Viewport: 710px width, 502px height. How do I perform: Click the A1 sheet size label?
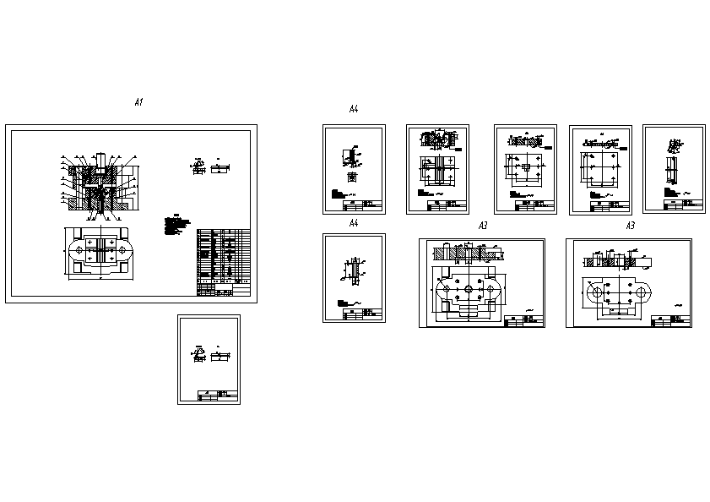pyautogui.click(x=139, y=101)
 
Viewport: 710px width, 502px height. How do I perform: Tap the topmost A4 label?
pyautogui.click(x=354, y=109)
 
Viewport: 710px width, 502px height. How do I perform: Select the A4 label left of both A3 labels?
pyautogui.click(x=354, y=222)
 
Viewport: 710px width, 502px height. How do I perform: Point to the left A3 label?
pyautogui.click(x=483, y=226)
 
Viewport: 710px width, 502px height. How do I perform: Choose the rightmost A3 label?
pyautogui.click(x=630, y=226)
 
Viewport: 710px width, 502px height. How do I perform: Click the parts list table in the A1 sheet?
pyautogui.click(x=224, y=262)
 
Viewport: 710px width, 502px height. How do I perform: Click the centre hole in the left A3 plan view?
pyautogui.click(x=466, y=288)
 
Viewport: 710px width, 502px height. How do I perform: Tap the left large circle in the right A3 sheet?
pyautogui.click(x=599, y=292)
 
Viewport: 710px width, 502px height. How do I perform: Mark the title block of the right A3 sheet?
pyautogui.click(x=671, y=320)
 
